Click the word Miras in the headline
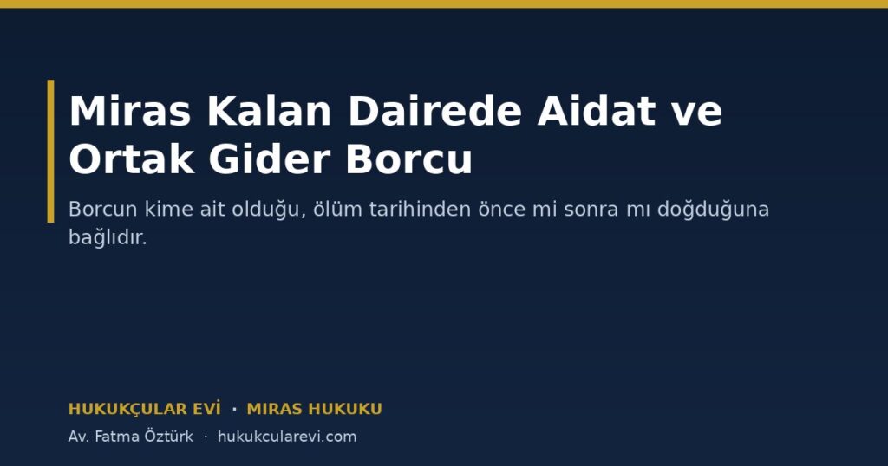tap(130, 111)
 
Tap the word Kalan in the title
tap(269, 111)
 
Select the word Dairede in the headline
tap(434, 111)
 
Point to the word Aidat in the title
tap(597, 111)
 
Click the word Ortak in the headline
tap(132, 159)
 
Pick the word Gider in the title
tap(270, 159)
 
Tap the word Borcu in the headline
tap(409, 159)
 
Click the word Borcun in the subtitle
tap(102, 210)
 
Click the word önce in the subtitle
tap(501, 210)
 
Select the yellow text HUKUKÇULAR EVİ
tap(145, 409)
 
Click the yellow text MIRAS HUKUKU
tap(314, 409)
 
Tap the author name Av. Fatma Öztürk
tap(131, 437)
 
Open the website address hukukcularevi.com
tap(287, 437)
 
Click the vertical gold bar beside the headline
tap(51, 151)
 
